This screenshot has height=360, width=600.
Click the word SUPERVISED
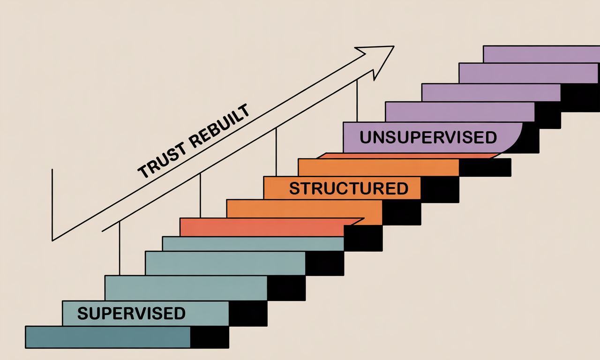click(131, 313)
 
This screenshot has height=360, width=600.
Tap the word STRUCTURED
click(349, 188)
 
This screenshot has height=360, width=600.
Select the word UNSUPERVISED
click(428, 137)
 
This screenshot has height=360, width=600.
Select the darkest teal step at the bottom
click(108, 337)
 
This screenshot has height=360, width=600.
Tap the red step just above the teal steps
click(262, 227)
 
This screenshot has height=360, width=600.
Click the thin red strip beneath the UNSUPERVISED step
click(408, 156)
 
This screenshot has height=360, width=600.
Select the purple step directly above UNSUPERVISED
click(459, 112)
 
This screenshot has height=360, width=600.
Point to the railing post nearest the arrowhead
click(357, 101)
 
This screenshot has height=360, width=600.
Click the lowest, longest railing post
click(120, 248)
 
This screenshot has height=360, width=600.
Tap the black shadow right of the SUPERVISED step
click(248, 313)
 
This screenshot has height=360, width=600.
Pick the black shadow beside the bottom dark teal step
click(210, 337)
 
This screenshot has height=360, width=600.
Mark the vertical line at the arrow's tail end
click(52, 204)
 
